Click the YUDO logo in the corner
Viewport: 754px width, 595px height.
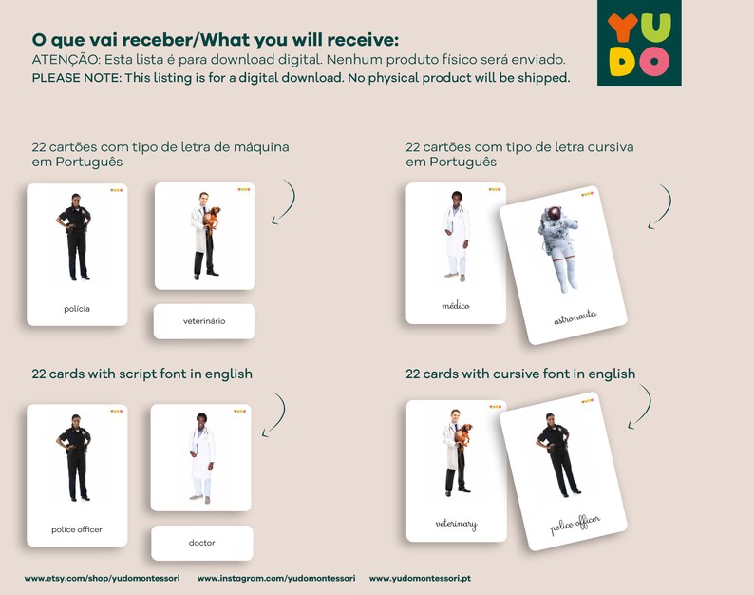point(639,44)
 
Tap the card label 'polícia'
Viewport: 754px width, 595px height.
point(77,308)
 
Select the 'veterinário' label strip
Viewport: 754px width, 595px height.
point(204,321)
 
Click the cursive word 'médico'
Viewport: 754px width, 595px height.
point(456,306)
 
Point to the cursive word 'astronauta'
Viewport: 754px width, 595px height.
point(575,317)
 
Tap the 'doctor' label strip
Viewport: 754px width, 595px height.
point(202,543)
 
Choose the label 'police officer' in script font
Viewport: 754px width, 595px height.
point(77,529)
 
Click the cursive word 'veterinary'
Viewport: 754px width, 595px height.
point(456,524)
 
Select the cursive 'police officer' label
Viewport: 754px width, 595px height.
point(575,525)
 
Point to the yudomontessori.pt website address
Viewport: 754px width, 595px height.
point(420,578)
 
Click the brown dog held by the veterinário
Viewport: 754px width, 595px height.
point(214,216)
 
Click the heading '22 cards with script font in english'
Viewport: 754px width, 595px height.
point(141,374)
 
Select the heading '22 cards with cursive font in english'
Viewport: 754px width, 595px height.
point(520,374)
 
